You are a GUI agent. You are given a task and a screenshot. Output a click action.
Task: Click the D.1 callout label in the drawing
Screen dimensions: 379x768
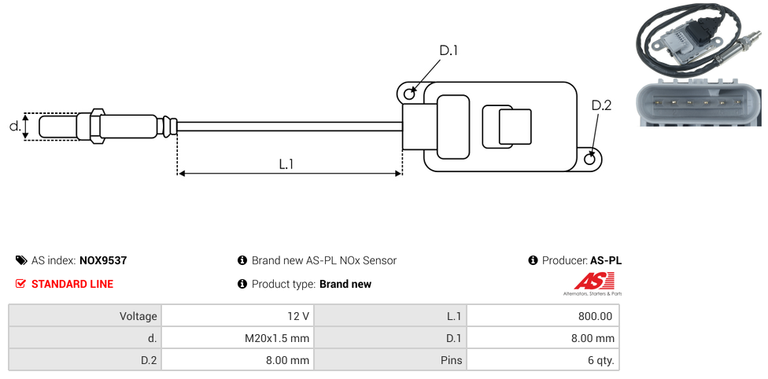(449, 50)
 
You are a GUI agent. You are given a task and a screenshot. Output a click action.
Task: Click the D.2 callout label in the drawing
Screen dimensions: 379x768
(601, 105)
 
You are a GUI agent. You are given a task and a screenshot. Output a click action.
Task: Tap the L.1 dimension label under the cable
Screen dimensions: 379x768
(286, 164)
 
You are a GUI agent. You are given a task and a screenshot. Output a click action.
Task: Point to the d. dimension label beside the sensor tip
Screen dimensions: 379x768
(14, 126)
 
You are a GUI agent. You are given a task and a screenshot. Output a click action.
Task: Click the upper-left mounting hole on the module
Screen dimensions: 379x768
(409, 94)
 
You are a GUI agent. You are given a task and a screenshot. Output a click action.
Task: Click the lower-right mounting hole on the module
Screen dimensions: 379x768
(592, 160)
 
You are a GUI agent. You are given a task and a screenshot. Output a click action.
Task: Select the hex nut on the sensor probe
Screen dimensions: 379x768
(98, 126)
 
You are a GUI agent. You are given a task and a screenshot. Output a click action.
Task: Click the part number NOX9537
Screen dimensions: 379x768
(103, 260)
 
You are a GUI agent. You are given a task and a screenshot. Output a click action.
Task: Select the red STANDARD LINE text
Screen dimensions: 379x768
(72, 284)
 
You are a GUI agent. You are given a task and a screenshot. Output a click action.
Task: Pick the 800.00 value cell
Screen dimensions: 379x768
(543, 316)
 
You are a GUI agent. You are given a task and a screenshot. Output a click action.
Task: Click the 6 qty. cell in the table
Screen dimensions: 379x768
(543, 360)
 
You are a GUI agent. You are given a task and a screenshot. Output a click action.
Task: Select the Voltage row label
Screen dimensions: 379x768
(85, 316)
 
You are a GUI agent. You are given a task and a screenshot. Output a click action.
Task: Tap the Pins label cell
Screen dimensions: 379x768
(390, 360)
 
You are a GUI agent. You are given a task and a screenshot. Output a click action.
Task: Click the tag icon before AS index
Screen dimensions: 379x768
(21, 260)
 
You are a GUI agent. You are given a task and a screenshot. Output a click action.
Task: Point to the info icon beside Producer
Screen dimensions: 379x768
(533, 260)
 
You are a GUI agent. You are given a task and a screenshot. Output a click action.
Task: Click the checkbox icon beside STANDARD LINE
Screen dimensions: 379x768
(21, 284)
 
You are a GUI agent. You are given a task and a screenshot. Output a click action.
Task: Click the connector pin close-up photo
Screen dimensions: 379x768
(698, 102)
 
